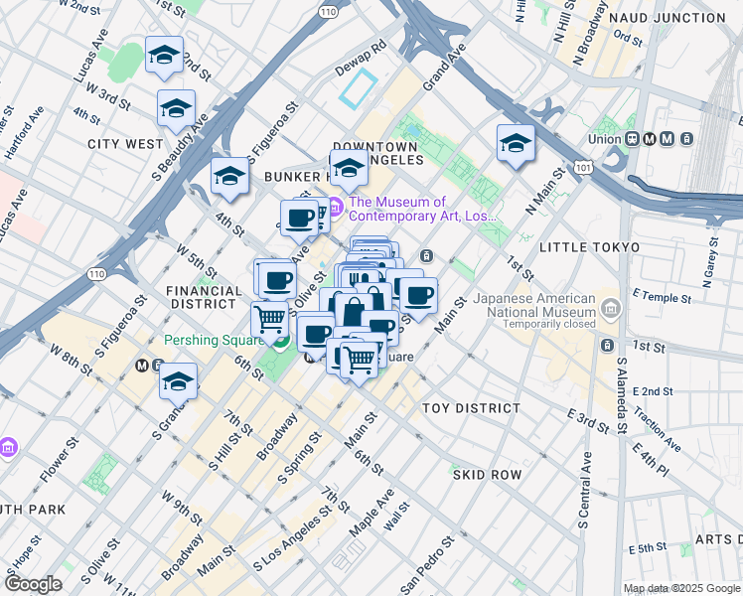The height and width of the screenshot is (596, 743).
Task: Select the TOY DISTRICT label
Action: pos(471,408)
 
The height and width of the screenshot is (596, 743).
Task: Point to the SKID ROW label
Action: pos(487,475)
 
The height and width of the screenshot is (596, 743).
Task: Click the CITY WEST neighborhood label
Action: pos(124,144)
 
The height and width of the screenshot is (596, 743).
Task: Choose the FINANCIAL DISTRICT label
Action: pos(205,298)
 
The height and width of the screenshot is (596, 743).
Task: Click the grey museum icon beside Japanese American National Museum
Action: pos(609,305)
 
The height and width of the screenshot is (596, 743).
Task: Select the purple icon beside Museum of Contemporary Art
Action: pos(335,209)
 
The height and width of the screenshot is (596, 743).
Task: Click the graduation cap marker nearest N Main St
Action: pos(516,144)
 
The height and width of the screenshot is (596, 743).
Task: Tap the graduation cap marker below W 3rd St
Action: pos(176,107)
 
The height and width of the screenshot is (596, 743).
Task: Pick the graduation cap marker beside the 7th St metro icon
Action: pos(178,382)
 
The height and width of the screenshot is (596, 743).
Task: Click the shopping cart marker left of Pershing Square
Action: pos(269,320)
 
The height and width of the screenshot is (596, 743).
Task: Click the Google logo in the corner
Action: pos(33,584)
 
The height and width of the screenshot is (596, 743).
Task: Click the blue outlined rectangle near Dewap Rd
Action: pos(360,89)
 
